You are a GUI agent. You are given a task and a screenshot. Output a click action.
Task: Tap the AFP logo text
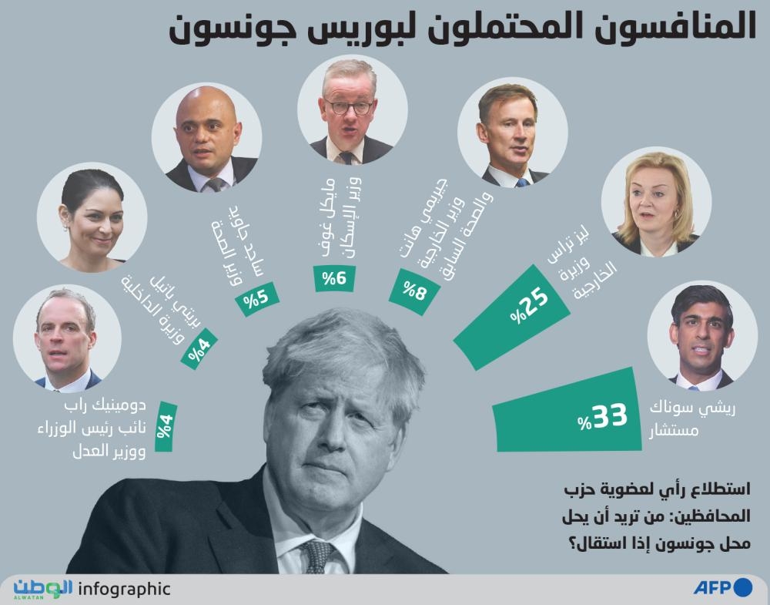tap(711, 587)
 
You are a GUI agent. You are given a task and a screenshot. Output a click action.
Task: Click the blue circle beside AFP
tap(742, 587)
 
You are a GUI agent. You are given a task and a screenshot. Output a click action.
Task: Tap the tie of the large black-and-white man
tap(316, 555)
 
